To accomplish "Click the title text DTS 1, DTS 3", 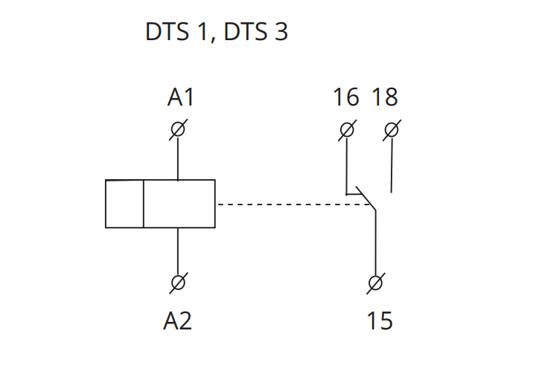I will pos(216,33).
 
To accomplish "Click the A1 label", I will pos(181,97).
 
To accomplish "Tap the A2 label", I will pos(178,321).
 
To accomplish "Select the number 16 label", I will pos(345,97).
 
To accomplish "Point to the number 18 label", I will pos(385,97).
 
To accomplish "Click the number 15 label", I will pos(379,321).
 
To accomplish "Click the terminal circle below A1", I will pos(178,130).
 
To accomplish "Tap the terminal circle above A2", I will pos(178,283).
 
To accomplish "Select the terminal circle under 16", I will pos(346,130).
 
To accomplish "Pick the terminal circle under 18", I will pos(392,130).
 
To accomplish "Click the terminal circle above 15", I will pos(376,283).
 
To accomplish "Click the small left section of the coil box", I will pos(124,204).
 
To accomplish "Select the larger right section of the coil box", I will pos(179,204).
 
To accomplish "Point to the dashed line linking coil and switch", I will pos(290,204).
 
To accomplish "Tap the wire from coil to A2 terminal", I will pos(178,251).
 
